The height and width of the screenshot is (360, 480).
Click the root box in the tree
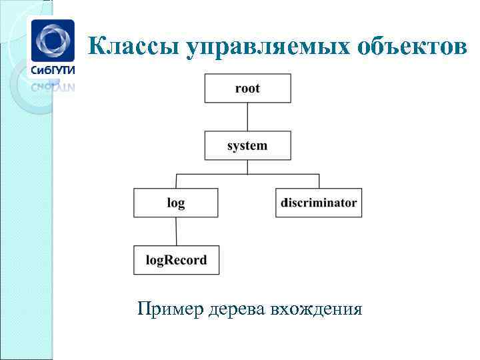(x=247, y=88)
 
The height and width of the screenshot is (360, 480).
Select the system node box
(x=247, y=145)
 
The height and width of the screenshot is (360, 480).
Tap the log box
(x=176, y=203)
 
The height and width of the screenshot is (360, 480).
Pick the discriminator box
(x=319, y=203)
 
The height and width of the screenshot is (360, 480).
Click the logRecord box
(x=176, y=260)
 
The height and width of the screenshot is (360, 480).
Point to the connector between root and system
(x=247, y=117)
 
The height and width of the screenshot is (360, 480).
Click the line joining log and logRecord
(x=176, y=231)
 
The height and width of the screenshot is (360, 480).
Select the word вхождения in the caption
(x=315, y=309)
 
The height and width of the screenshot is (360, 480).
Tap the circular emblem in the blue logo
(x=53, y=39)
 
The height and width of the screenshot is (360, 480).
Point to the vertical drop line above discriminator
(x=319, y=181)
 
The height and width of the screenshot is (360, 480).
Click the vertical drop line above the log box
(x=176, y=181)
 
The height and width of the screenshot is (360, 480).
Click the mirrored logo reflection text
(x=53, y=86)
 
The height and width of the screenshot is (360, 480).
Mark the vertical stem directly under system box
(x=247, y=167)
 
